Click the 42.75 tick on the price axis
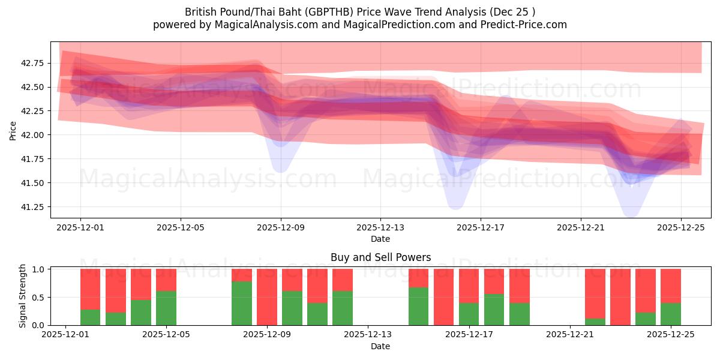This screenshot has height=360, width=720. click(34, 63)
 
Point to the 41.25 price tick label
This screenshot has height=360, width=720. click(34, 207)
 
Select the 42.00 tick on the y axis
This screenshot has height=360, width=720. click(34, 135)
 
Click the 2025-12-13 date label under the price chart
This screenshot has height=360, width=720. click(380, 228)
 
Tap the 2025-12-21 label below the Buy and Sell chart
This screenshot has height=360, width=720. click(569, 335)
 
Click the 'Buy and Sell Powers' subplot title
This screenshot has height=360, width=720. click(380, 257)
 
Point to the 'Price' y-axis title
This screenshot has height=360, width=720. click(13, 130)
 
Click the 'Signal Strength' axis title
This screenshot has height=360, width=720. click(23, 296)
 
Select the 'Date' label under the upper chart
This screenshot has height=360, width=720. click(380, 239)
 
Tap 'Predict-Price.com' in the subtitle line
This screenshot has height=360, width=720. click(521, 25)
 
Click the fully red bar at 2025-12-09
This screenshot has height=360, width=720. click(267, 297)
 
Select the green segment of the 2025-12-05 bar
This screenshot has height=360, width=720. click(166, 308)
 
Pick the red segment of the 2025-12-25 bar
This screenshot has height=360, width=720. click(671, 286)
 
